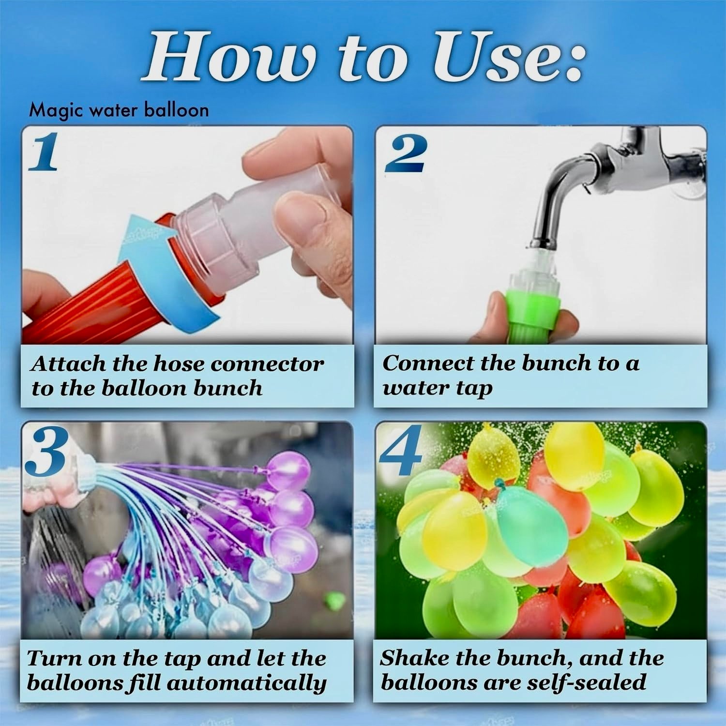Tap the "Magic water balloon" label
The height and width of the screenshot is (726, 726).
tap(119, 110)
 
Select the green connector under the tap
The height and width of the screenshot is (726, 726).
tap(532, 310)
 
